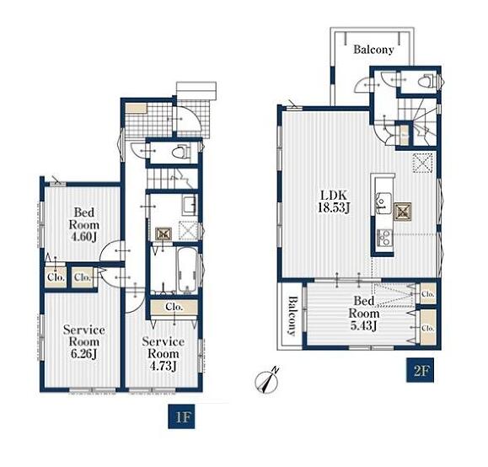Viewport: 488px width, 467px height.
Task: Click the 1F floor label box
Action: click(181, 416)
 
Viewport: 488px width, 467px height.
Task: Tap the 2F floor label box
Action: click(421, 371)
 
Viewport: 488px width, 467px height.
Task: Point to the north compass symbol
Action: click(267, 380)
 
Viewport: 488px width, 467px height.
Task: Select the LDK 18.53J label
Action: click(334, 201)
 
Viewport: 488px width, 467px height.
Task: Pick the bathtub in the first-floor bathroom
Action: click(187, 270)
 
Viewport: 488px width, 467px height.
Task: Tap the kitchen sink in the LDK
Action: click(383, 203)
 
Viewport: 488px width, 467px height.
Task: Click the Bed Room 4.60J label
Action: click(83, 225)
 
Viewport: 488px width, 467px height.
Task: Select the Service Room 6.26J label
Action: click(83, 342)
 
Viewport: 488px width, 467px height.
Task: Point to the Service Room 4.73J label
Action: click(163, 354)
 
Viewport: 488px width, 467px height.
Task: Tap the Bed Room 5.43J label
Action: click(364, 314)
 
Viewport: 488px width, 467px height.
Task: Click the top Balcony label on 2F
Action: click(373, 50)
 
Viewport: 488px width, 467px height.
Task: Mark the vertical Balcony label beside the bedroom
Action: click(292, 316)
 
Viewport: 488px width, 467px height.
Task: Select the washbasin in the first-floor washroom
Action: click(190, 206)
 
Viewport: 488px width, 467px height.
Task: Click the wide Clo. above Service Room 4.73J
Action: click(174, 307)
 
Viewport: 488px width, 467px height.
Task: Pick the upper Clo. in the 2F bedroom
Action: click(428, 293)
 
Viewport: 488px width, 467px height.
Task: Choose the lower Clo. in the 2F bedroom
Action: click(428, 328)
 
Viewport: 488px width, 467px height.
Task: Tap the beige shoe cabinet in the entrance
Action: click(136, 109)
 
